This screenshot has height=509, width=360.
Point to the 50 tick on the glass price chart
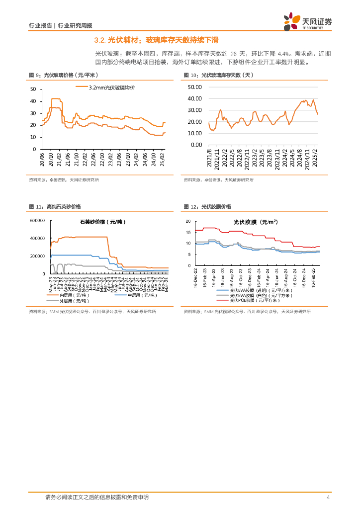[33, 89]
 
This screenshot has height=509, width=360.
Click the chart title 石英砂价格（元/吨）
[103, 222]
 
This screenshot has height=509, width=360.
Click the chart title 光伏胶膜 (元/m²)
[255, 222]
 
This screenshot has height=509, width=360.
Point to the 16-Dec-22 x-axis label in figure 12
[195, 276]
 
